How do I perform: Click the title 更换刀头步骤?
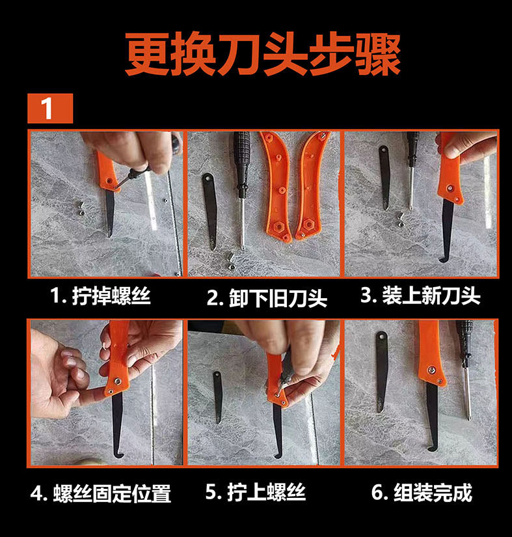(262, 55)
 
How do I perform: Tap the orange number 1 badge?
(50, 108)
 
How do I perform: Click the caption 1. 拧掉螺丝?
(100, 296)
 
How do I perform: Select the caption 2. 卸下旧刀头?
(267, 298)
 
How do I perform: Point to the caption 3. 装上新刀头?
(421, 296)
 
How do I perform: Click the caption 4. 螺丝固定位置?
(101, 493)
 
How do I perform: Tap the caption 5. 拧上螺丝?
(255, 492)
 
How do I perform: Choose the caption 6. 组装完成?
(422, 493)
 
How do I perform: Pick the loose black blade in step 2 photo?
(209, 211)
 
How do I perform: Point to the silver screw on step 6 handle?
(431, 369)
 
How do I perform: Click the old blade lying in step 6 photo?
(381, 371)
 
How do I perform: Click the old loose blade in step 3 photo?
(385, 178)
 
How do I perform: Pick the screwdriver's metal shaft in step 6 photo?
(467, 393)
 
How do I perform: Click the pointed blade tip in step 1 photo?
(109, 235)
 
